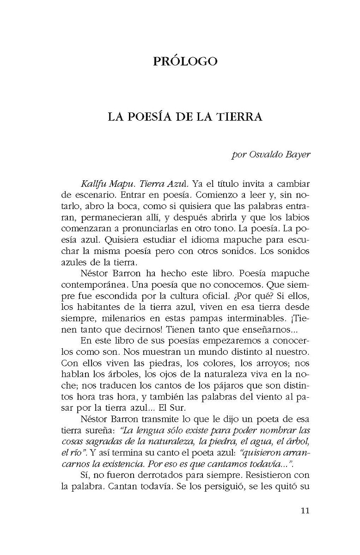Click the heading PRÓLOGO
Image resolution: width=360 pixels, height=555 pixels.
(185, 61)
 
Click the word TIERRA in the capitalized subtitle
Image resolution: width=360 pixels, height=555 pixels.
(240, 117)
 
